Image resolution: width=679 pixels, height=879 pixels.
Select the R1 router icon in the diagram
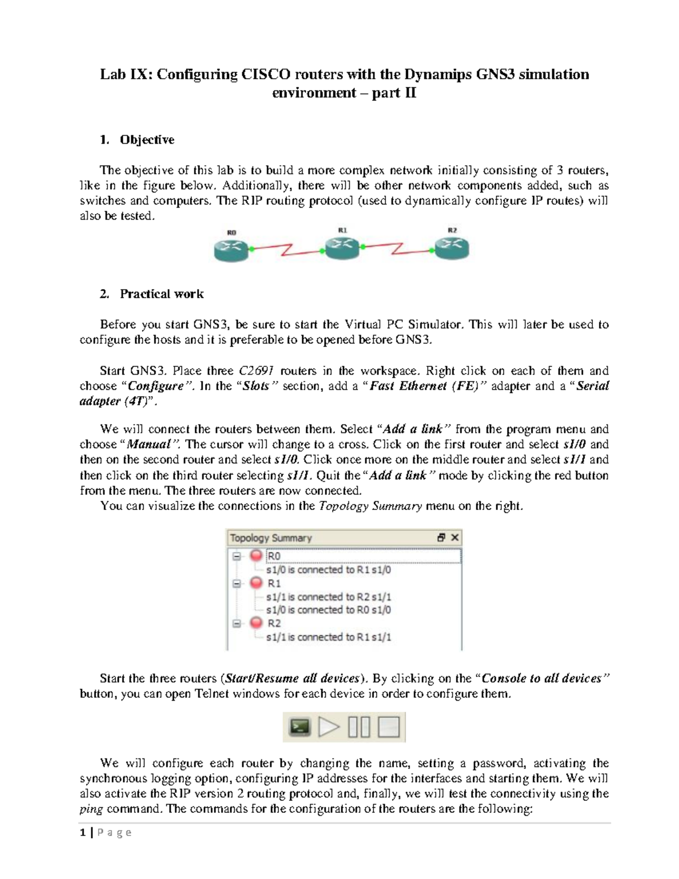[342, 246]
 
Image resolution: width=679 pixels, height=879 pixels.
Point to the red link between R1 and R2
[398, 249]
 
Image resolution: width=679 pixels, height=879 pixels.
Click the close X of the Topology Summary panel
[454, 537]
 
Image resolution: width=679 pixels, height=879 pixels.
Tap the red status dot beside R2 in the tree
[256, 623]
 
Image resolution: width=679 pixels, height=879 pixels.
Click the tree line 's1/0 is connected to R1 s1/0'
[328, 570]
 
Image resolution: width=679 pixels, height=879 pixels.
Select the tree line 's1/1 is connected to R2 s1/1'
[328, 597]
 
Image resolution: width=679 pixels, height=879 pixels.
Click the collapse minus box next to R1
[237, 583]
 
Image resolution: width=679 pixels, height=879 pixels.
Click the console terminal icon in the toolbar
[300, 727]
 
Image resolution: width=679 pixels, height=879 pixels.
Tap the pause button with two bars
[359, 727]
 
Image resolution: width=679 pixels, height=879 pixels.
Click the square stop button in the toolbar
[389, 727]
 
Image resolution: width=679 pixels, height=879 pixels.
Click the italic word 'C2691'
[256, 371]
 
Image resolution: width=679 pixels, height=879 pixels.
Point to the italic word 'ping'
[91, 809]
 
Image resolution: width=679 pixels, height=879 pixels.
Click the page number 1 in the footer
[83, 832]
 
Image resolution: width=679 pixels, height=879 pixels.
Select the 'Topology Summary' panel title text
[270, 538]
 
